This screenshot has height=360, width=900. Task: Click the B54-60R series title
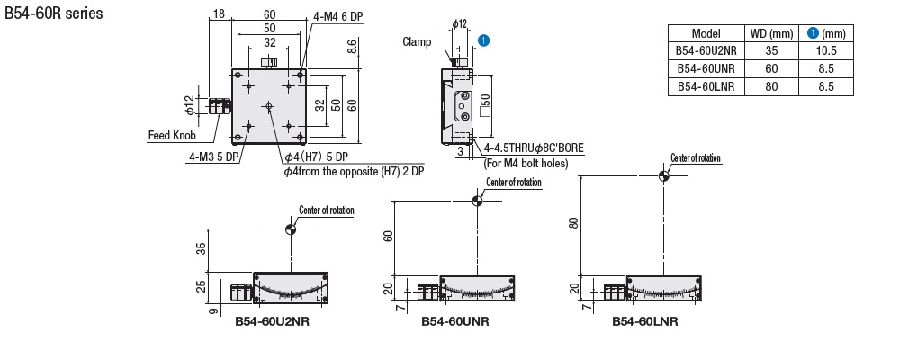click(54, 13)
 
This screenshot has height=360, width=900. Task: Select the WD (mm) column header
click(771, 34)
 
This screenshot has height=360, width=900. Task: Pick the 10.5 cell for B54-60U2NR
click(826, 51)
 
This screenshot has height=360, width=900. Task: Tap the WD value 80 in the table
click(771, 86)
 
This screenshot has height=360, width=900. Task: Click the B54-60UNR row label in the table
click(706, 69)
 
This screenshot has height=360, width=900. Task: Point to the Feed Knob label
click(172, 136)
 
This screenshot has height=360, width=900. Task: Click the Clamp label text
click(417, 42)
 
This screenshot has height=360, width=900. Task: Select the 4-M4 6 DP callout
click(338, 16)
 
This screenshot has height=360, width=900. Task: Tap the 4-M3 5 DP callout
click(214, 157)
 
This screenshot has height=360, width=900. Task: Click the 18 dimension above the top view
click(219, 13)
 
